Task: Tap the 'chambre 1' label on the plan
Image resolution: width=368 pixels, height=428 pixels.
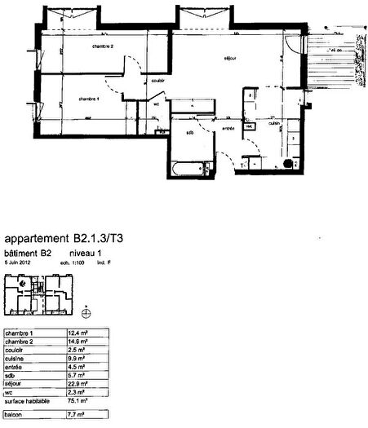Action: [88, 98]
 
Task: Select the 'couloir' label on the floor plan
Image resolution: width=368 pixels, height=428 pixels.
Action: [158, 80]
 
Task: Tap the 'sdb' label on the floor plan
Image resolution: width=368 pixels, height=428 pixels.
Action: [190, 132]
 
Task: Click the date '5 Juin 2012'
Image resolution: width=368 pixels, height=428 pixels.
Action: [20, 263]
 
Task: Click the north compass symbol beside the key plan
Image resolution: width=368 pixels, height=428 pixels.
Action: [87, 311]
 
